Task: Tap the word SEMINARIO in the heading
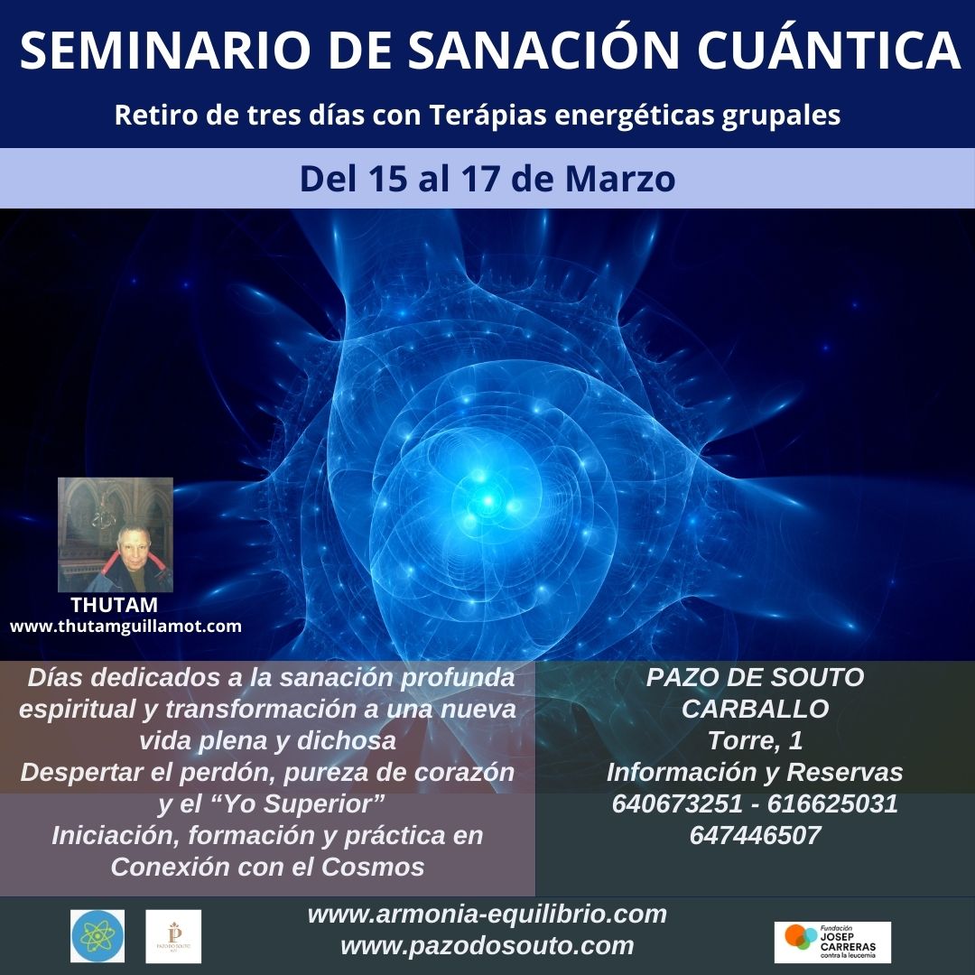(x=165, y=51)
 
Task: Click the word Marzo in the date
(x=620, y=179)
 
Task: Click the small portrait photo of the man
(x=116, y=534)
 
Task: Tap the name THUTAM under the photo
(x=115, y=605)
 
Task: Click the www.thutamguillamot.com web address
(x=125, y=627)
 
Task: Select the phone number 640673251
(x=677, y=804)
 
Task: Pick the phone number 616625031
(x=832, y=804)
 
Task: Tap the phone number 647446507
(x=756, y=836)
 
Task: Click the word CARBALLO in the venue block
(x=756, y=709)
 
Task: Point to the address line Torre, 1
(x=756, y=740)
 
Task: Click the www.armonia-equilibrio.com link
(x=487, y=915)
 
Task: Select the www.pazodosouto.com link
(x=487, y=946)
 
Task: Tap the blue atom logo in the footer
(x=97, y=936)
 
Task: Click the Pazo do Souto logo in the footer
(x=173, y=936)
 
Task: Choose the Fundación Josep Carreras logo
(x=832, y=942)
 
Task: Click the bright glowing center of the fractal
(x=488, y=500)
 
